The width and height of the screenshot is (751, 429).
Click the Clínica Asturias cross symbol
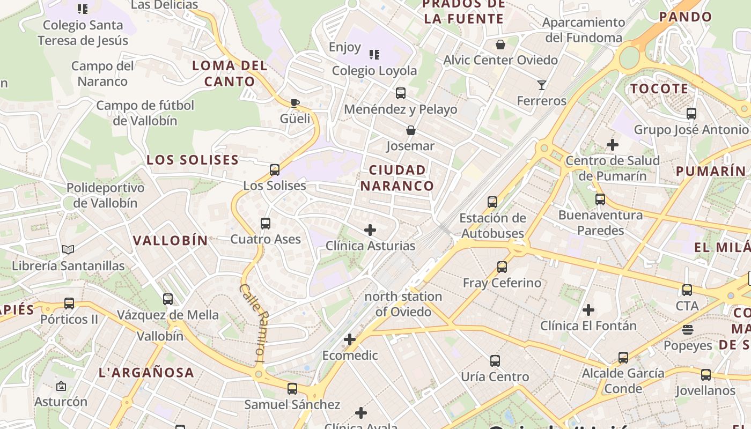370,230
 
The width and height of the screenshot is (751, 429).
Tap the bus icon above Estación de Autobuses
492,202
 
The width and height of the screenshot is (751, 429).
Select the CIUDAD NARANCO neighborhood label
397,178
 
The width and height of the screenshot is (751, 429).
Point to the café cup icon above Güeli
294,102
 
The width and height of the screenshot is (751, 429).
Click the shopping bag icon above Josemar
411,130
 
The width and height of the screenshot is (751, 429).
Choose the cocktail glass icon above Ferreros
541,85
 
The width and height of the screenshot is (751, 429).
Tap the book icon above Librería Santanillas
68,249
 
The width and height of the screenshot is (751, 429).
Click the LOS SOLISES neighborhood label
193,160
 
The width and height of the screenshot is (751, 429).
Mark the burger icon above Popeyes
688,329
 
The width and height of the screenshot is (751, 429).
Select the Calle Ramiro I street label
252,323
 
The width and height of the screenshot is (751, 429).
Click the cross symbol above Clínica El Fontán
588,309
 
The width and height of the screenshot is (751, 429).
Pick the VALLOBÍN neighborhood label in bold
170,240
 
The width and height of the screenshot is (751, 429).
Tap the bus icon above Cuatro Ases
266,224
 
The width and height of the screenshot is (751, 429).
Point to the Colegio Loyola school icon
374,54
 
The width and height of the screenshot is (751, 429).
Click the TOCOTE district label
659,88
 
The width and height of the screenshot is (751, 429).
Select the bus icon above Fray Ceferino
502,267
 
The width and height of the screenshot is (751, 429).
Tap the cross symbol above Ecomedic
350,339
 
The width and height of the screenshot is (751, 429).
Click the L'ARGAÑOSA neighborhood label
146,372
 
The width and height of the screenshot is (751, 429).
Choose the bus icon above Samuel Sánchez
292,388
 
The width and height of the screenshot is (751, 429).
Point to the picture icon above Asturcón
61,386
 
